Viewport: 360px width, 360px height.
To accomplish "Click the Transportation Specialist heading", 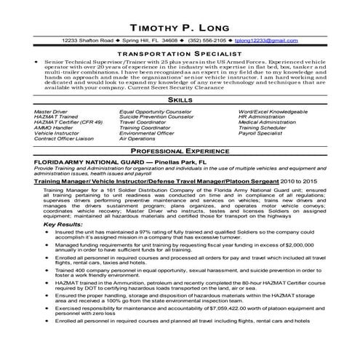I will [x=180, y=54].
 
